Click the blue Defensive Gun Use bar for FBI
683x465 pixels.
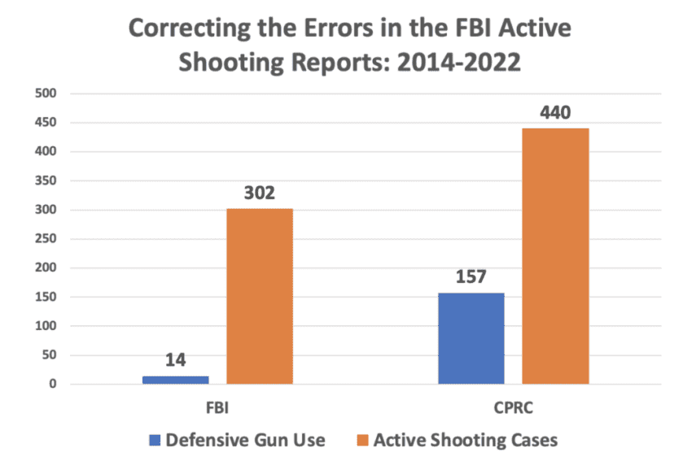coord(175,380)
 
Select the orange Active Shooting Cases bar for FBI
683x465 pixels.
coord(259,296)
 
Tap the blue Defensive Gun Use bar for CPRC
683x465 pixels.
coord(471,338)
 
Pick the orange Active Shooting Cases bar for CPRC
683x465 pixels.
coord(555,256)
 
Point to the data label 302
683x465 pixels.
coord(260,193)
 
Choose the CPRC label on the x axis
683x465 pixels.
coord(513,404)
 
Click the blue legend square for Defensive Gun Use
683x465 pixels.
coord(155,441)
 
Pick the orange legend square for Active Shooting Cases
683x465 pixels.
coord(361,441)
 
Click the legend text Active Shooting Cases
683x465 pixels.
coord(465,441)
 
